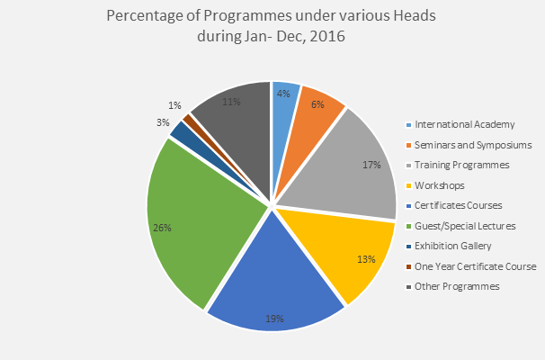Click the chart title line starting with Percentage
(x=272, y=17)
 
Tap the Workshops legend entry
(x=440, y=185)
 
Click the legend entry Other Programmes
(x=455, y=286)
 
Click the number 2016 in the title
(x=327, y=37)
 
